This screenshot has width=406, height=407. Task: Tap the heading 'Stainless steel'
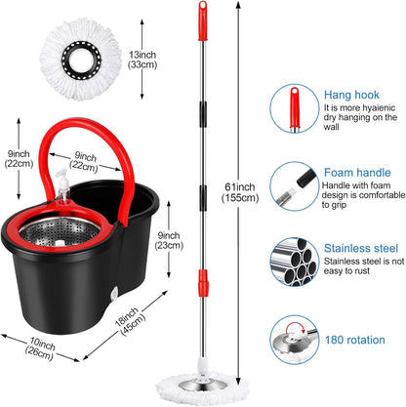(357, 247)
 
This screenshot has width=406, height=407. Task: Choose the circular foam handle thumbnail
(296, 185)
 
